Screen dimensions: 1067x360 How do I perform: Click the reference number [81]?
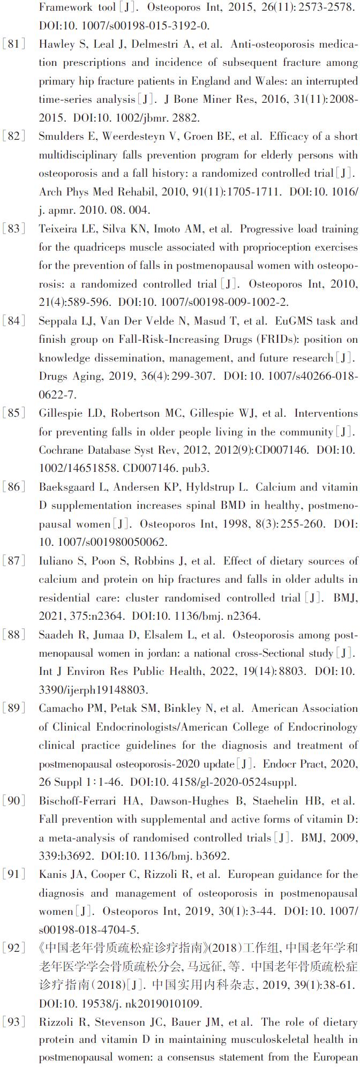pyautogui.click(x=14, y=44)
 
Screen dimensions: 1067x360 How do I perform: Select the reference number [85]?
pyautogui.click(x=14, y=414)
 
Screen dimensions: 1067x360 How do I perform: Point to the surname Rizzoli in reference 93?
pyautogui.click(x=55, y=1023)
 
